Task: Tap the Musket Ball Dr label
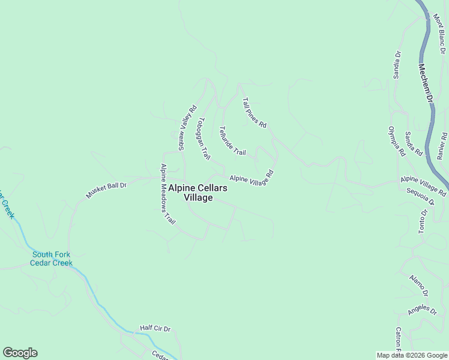(x=107, y=190)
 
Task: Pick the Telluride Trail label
(x=232, y=141)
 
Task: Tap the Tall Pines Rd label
(x=254, y=113)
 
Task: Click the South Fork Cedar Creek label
(x=52, y=259)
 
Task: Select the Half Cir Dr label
(x=155, y=328)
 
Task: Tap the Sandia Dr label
(x=396, y=64)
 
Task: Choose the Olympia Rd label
(x=397, y=142)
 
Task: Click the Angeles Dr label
(x=422, y=310)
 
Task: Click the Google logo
(x=20, y=353)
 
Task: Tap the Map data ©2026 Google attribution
(x=412, y=355)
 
